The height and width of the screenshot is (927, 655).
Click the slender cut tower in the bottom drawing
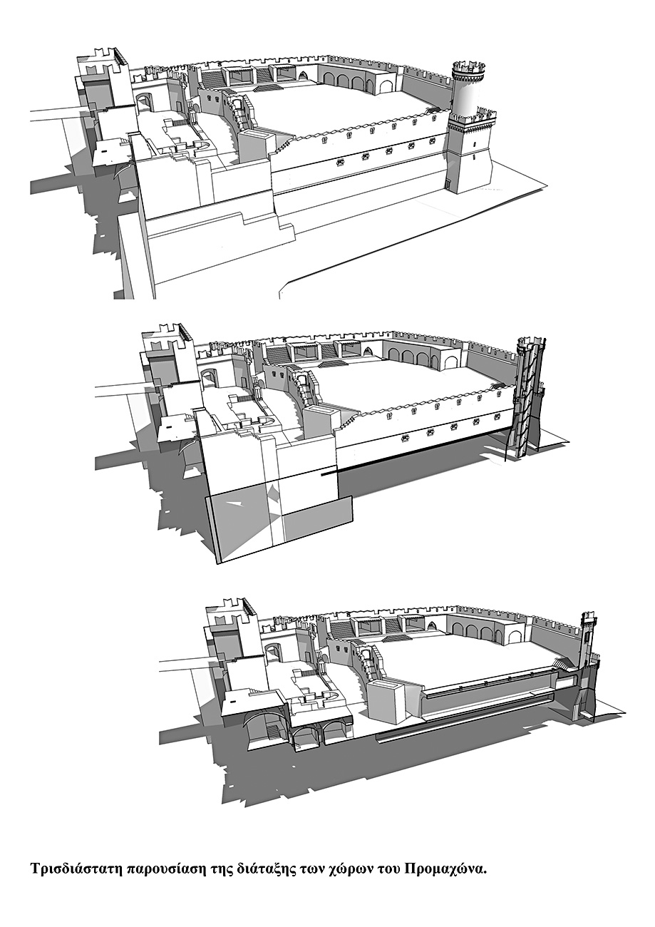(587, 670)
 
